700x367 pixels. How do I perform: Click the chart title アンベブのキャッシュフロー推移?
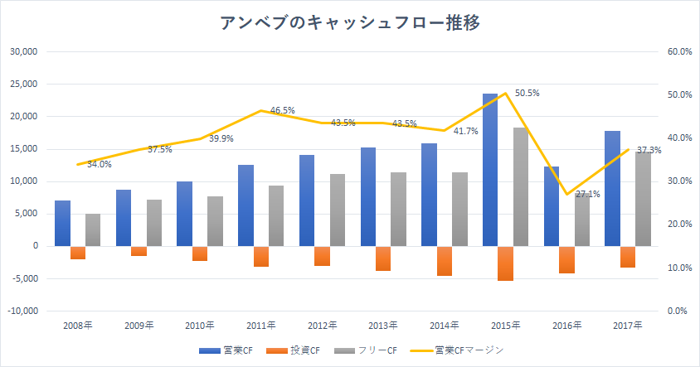point(349,22)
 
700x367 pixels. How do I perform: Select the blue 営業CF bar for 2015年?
point(490,170)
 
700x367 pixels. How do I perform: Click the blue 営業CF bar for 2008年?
point(62,223)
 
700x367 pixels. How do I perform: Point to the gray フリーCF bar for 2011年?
point(276,215)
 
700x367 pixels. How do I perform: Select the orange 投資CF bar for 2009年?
point(139,251)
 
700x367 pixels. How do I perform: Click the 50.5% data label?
point(527,94)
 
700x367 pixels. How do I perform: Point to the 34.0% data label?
point(99,165)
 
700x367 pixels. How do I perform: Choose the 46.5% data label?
point(282,110)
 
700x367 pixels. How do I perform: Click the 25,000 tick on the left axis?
point(24,85)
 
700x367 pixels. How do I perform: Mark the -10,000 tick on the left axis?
point(22,311)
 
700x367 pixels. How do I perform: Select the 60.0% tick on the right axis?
point(679,52)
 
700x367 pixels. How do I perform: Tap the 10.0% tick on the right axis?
point(679,268)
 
